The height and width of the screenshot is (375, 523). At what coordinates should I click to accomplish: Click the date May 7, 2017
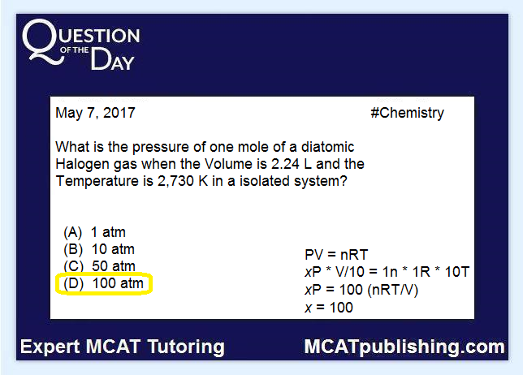(95, 114)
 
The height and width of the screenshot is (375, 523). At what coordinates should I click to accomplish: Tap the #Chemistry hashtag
(407, 114)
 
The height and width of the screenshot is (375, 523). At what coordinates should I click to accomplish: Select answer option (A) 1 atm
(95, 232)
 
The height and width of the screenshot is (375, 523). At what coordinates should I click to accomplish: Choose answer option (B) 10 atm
(99, 249)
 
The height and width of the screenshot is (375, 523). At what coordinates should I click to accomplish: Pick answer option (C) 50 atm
(99, 266)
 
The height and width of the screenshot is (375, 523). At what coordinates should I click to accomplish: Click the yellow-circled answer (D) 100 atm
(104, 283)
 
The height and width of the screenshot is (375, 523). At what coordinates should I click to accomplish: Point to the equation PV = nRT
(336, 255)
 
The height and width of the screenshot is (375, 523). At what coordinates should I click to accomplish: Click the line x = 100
(329, 308)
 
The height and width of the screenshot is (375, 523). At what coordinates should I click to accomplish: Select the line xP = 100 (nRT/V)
(361, 290)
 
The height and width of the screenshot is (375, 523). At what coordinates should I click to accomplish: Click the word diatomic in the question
(327, 147)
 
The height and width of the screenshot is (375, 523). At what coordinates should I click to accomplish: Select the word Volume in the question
(228, 164)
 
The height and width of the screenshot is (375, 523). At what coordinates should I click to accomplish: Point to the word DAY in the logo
(112, 59)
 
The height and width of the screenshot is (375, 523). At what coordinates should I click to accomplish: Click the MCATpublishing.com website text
(404, 347)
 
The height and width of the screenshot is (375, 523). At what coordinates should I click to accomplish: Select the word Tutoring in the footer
(186, 347)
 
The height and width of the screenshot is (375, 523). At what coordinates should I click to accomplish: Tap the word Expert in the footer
(50, 347)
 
